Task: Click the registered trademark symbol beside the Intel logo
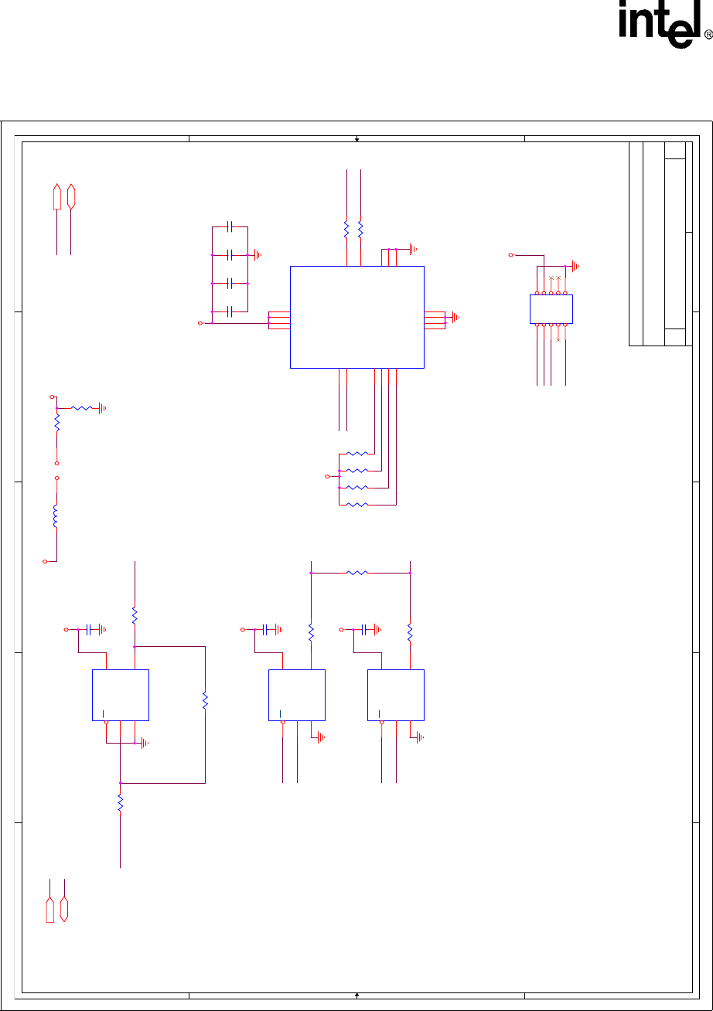tap(708, 36)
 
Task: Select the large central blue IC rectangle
tap(356, 317)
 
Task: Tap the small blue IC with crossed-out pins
tap(551, 308)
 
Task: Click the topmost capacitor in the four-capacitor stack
tap(230, 227)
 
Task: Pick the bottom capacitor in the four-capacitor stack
tap(230, 311)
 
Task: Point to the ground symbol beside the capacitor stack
tap(258, 254)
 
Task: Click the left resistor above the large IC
tap(346, 229)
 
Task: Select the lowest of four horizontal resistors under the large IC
tap(356, 505)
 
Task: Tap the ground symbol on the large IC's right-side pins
tap(455, 317)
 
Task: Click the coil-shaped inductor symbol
tap(56, 516)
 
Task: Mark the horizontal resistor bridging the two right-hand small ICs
tap(357, 573)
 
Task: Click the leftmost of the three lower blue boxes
tap(121, 695)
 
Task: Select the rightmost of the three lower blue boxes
tap(395, 695)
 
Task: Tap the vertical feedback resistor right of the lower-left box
tap(205, 700)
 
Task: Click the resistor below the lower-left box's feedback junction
tap(120, 804)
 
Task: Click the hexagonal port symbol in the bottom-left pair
tap(64, 908)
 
